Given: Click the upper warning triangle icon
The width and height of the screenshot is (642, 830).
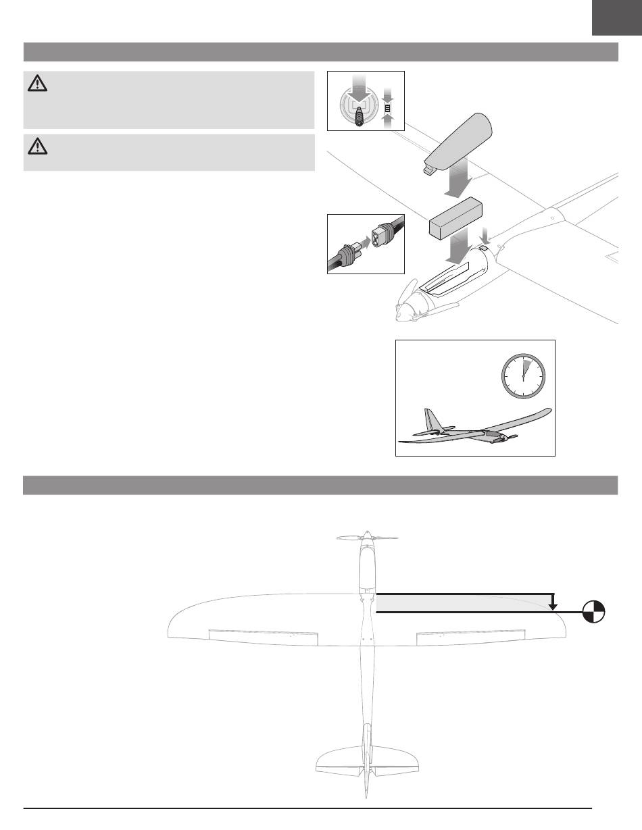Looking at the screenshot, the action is click(x=37, y=83).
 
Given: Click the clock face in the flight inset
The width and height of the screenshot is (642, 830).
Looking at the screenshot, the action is click(x=523, y=377).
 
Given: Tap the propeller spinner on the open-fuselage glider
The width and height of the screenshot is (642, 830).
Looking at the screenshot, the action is click(x=402, y=313).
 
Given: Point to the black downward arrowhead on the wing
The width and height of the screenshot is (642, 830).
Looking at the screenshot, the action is click(x=553, y=606).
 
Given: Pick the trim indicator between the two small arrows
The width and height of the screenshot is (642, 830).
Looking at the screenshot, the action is click(x=387, y=107).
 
